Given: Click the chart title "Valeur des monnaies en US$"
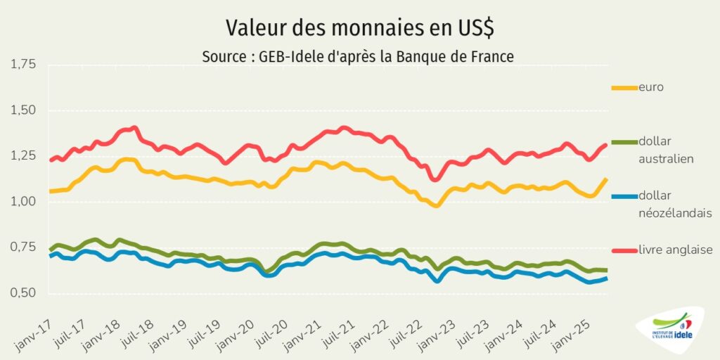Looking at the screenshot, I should click(x=360, y=28).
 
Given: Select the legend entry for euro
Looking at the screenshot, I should click(x=651, y=87).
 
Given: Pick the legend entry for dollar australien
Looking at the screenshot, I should click(x=667, y=150).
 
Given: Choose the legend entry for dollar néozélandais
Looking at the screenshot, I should click(x=675, y=204).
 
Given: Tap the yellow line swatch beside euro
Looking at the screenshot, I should click(x=624, y=88).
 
